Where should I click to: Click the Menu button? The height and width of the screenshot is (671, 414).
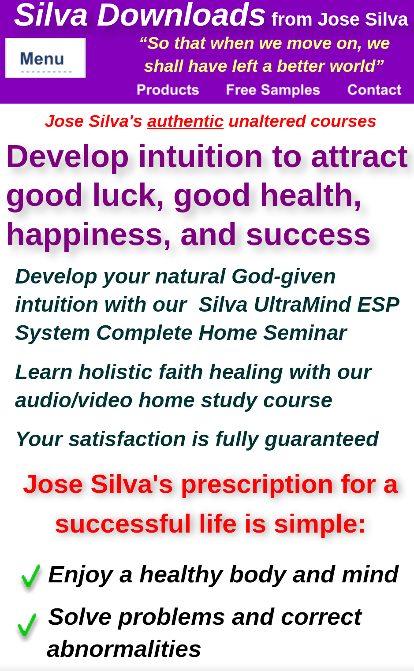(x=45, y=58)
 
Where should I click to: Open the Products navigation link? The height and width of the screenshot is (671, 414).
(x=168, y=90)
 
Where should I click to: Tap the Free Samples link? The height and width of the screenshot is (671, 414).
(x=273, y=90)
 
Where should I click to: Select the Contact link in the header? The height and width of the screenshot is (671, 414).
(x=374, y=90)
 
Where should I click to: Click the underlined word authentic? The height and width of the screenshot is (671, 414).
(x=186, y=121)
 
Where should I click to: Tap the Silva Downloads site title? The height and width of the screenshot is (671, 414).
(x=140, y=15)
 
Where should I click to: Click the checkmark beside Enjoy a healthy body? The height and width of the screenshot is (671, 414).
(x=30, y=576)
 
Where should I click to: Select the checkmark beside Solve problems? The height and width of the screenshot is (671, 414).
(x=27, y=625)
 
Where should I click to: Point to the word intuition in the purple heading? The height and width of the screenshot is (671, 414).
(x=201, y=157)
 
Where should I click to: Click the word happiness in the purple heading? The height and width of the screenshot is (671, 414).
(x=88, y=235)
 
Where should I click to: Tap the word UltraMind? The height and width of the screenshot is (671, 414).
(x=302, y=305)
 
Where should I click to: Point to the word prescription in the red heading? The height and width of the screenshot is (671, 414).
(x=257, y=485)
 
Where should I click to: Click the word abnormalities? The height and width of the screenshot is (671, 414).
(x=124, y=649)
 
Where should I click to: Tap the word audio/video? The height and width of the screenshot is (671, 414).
(x=74, y=400)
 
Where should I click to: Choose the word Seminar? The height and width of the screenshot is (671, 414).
(x=305, y=333)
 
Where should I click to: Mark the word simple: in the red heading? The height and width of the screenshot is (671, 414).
(x=320, y=524)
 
